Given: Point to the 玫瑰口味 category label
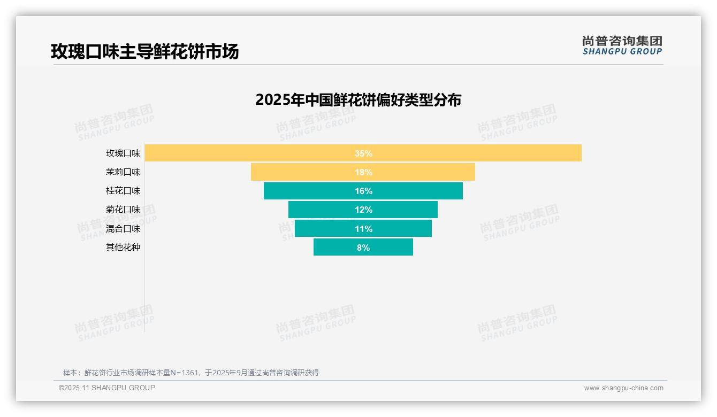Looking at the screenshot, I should [123, 153].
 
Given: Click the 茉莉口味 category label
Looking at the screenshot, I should [123, 172].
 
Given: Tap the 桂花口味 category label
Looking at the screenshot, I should [123, 191].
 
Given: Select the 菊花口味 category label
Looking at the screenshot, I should [123, 210].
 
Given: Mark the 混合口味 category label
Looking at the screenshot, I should [123, 228].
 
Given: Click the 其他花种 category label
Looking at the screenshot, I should [123, 247].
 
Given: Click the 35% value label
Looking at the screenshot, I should [363, 153].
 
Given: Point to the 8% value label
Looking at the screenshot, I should [363, 248].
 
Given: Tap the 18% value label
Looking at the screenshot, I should [363, 172].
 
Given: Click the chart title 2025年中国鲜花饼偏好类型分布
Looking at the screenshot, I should [358, 100].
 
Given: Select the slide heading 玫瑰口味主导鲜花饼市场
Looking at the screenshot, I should [144, 51].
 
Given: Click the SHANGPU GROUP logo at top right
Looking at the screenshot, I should [622, 45].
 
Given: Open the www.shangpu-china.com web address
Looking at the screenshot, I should [623, 388].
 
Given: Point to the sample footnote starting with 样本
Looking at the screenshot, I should [191, 373].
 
